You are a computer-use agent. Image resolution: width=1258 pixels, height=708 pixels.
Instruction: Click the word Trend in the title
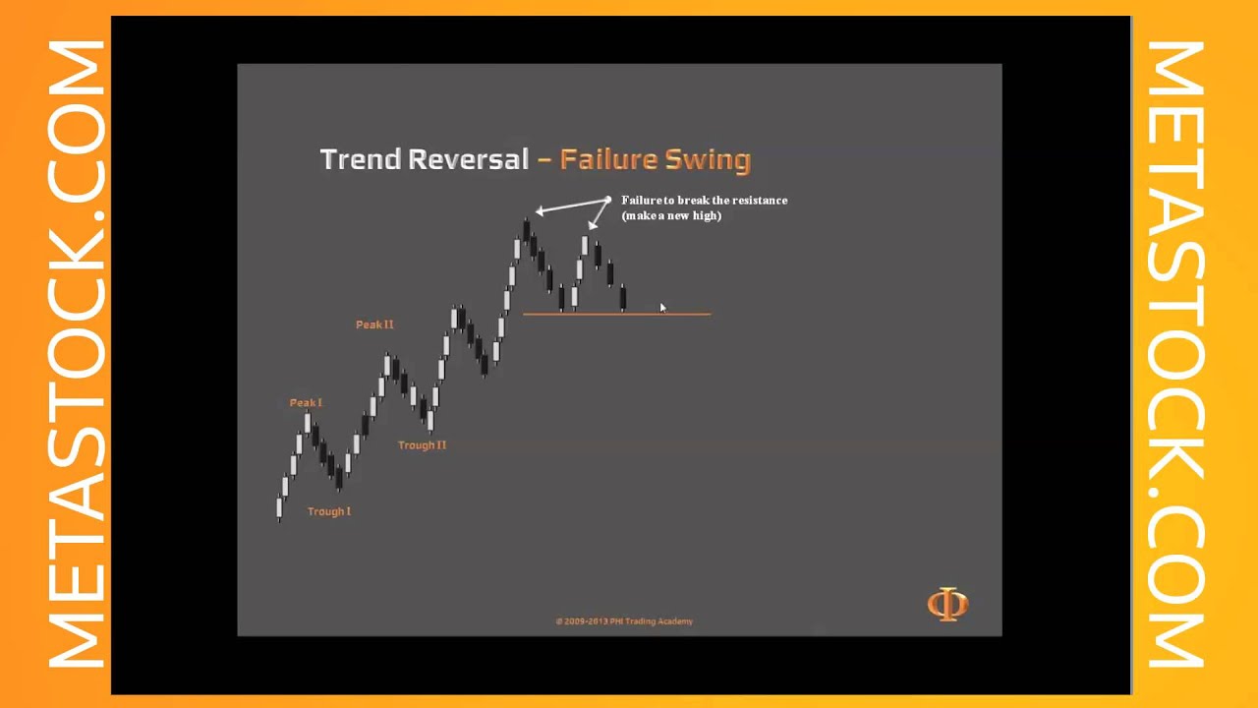[360, 159]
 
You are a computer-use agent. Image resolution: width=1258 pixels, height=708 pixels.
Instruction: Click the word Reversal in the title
[469, 159]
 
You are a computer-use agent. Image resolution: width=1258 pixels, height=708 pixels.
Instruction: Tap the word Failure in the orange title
[608, 159]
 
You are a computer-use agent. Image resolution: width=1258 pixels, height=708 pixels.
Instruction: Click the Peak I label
[306, 403]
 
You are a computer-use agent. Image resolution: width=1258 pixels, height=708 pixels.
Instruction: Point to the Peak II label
[374, 324]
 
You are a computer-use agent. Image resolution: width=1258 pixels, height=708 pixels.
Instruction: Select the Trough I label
[328, 511]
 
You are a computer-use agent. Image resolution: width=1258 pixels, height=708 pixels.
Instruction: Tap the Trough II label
[422, 445]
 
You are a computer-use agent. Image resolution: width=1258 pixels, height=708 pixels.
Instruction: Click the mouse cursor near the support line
[663, 309]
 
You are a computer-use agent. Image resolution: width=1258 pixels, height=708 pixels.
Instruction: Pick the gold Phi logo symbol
[947, 604]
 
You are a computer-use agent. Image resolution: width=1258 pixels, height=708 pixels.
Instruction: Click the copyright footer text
[624, 621]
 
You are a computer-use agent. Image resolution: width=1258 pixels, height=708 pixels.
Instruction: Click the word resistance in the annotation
[759, 201]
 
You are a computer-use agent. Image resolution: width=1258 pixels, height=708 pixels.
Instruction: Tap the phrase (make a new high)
[671, 215]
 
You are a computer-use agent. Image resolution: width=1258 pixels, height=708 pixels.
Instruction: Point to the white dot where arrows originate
[608, 201]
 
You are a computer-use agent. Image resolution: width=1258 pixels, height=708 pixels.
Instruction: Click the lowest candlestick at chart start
[279, 508]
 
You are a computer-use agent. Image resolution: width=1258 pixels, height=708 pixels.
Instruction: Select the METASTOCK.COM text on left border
[76, 354]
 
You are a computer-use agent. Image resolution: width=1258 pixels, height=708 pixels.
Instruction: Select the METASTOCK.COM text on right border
[1176, 354]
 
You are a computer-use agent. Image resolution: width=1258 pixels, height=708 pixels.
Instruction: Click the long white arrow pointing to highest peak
[572, 206]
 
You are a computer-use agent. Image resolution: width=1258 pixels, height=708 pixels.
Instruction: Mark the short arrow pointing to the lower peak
[599, 215]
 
